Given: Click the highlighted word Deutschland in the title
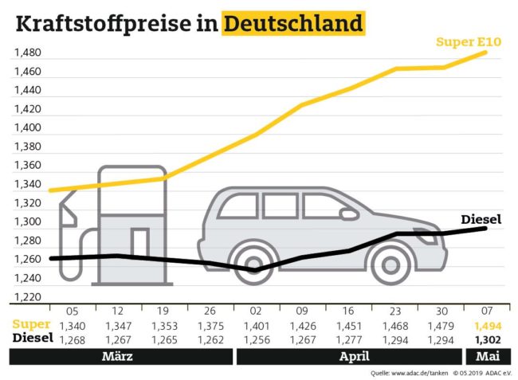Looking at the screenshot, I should [292, 23].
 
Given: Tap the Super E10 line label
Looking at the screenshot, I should [468, 41].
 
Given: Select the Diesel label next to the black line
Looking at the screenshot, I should [481, 219].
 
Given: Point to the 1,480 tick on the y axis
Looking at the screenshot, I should [27, 53].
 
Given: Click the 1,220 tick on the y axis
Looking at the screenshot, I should [27, 297].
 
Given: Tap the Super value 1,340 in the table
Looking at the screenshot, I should [71, 325].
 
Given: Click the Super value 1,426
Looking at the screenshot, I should [303, 325].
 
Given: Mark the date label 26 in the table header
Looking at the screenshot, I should [210, 311].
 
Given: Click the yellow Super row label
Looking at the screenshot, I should [32, 325].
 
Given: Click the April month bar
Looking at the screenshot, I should [354, 356].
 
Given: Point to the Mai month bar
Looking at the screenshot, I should [488, 356].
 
